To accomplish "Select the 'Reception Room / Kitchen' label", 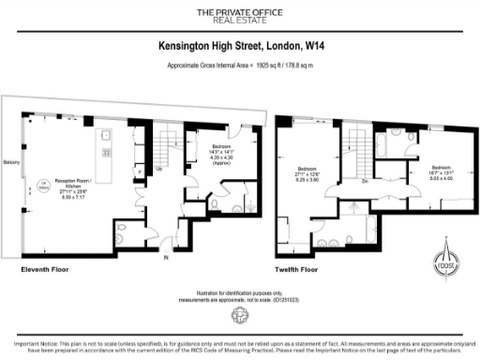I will [x=67, y=189].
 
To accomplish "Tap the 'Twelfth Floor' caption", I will [x=299, y=269].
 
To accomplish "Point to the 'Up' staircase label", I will [x=159, y=170].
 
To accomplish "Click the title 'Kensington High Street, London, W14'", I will [x=240, y=45].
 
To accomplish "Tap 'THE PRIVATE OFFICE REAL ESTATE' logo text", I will [x=240, y=15].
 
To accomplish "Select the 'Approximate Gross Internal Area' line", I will [x=240, y=67].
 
